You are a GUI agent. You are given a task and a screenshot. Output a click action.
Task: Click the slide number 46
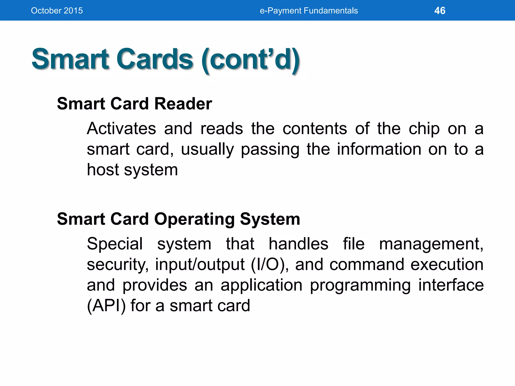440,11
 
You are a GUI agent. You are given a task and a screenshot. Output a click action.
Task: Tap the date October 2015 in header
57,11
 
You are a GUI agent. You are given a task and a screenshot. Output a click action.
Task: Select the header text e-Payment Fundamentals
309,11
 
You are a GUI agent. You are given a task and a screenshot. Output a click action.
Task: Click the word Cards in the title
154,59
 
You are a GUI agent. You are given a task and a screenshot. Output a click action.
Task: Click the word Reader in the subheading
183,104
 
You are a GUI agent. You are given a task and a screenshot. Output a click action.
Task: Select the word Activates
121,129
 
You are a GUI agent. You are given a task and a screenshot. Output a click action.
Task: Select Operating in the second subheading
194,219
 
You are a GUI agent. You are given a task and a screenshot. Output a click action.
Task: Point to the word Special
115,244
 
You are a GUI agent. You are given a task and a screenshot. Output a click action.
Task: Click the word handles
298,244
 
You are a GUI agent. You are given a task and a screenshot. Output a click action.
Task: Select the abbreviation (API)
106,306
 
